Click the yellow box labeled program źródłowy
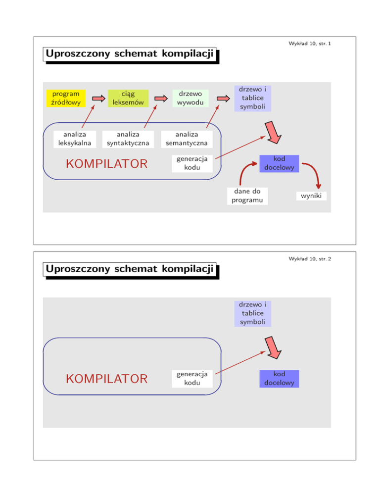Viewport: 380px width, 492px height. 65,98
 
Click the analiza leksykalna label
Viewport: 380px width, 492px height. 74,139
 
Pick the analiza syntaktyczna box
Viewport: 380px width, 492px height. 125,139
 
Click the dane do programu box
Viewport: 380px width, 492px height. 244,196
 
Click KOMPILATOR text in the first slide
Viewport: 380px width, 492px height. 107,163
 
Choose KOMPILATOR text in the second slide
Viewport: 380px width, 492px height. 107,379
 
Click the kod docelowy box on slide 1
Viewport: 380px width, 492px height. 280,163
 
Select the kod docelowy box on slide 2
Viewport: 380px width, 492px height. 280,379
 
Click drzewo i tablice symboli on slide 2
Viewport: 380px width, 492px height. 253,313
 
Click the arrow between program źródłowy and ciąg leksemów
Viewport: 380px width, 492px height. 99,98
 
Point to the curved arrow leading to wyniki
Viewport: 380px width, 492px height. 312,173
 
